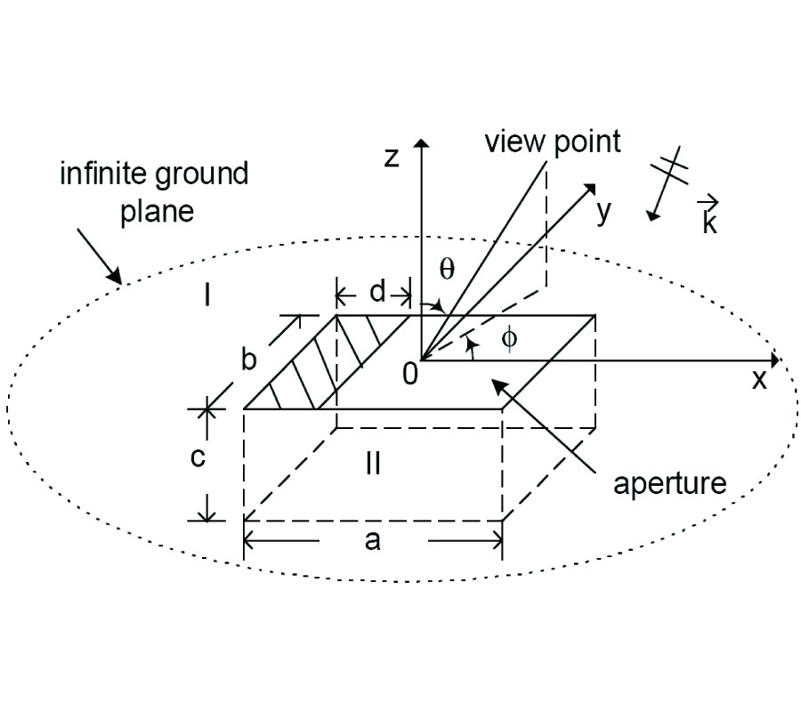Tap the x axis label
click(759, 380)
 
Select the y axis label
click(605, 213)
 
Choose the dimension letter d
click(377, 292)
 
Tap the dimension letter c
click(199, 458)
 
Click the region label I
click(207, 295)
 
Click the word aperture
click(670, 483)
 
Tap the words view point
click(552, 142)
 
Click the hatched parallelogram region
click(311, 365)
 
